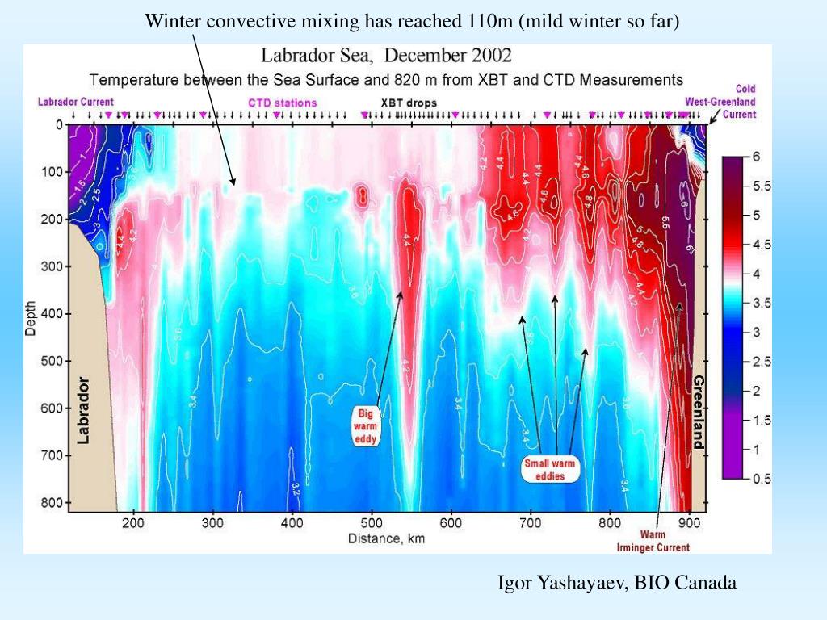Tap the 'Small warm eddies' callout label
pos(550,469)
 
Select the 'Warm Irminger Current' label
pos(665,541)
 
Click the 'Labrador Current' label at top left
pos(76,103)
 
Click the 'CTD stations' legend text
pos(282,103)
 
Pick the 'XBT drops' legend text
pos(408,103)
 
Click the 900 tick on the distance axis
pos(689,523)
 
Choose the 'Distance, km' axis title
pos(387,538)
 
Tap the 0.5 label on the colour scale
pos(762,479)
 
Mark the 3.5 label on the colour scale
pos(762,303)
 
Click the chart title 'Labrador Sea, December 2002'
pos(385,56)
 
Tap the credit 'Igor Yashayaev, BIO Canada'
pos(616,582)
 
